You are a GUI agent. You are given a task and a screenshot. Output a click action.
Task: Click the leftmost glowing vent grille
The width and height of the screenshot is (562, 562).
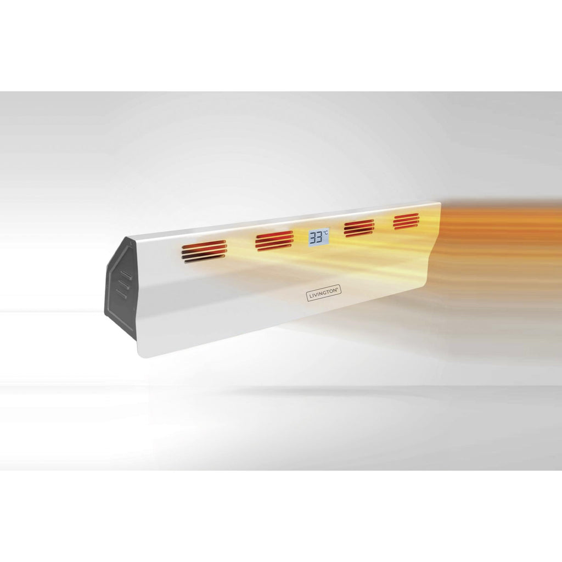(204, 251)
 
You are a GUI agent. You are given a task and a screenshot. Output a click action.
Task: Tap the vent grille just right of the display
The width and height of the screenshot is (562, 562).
(359, 228)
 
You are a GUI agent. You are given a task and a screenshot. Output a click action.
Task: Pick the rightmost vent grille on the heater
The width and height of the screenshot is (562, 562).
(406, 221)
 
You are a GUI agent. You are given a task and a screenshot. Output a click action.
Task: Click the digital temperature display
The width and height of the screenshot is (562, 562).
(319, 237)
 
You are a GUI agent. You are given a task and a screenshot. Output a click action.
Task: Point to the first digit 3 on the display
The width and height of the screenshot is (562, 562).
(313, 238)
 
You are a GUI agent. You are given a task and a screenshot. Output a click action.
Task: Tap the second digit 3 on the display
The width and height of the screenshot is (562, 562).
(320, 237)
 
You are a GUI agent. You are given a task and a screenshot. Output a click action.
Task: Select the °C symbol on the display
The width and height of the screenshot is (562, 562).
(325, 233)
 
